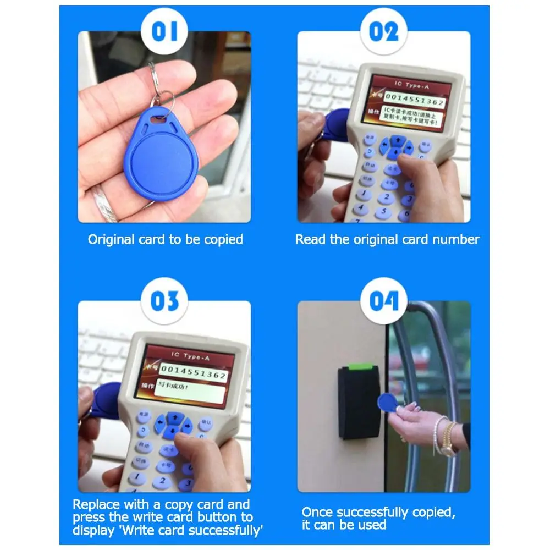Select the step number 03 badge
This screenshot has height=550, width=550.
pos(164,301)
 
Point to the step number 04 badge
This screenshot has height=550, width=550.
pos(383,301)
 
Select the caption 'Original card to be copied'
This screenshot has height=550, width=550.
pos(165,239)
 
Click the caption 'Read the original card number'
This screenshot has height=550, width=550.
pos(387,239)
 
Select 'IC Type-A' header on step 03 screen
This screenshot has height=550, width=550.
pos(190,357)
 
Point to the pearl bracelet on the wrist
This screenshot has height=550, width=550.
pos(438,434)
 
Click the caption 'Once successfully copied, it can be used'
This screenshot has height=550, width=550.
pos(378,518)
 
